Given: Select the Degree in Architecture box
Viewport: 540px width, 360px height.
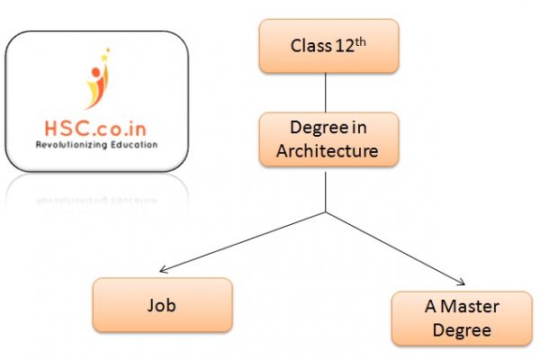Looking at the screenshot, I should (x=327, y=139).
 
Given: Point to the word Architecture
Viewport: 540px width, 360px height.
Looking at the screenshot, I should (x=327, y=150).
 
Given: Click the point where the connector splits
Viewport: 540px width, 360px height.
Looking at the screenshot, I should (x=326, y=212).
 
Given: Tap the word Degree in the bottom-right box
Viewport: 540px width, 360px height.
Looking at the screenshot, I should (x=461, y=330).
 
